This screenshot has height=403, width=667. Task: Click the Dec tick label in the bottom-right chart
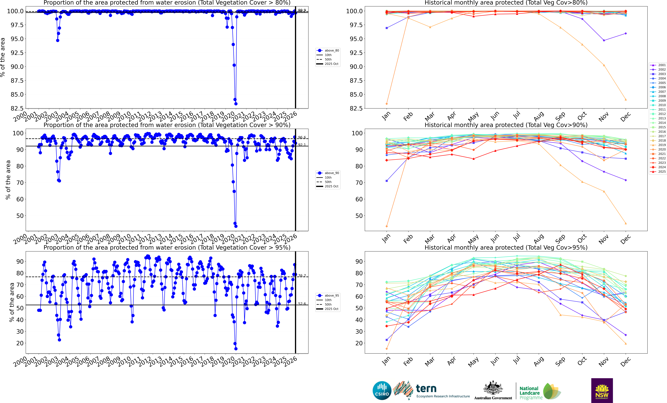(625, 362)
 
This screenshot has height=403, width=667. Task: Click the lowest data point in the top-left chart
(236, 104)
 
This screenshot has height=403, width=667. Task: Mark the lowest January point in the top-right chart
(387, 104)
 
